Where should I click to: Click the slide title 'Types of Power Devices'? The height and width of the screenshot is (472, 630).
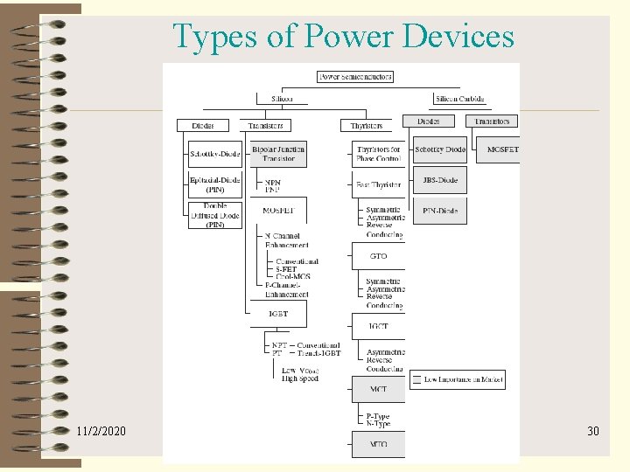343,37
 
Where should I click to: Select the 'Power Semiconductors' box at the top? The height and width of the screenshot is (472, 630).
355,77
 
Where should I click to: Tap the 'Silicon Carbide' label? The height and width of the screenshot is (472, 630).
458,100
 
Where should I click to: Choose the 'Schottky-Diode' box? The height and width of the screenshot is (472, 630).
214,154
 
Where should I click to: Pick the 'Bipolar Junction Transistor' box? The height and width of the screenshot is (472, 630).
277,154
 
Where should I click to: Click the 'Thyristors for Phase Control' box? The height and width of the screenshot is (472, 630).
378,154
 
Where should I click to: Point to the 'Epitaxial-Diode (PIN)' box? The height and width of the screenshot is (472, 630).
214,185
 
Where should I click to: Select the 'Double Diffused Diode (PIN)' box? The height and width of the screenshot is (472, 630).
214,216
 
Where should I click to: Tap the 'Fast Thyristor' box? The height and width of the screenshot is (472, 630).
378,185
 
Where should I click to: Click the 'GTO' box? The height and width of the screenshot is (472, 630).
378,256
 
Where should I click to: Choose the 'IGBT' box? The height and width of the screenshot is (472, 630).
277,313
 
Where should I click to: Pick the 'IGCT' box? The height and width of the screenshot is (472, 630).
378,326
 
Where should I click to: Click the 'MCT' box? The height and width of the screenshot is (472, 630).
378,389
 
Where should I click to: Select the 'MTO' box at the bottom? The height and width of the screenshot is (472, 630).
378,444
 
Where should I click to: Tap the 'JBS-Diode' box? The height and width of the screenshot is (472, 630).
439,180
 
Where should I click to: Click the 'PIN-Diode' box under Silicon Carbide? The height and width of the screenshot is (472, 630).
439,211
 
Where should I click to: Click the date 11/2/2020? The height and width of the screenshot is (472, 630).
101,432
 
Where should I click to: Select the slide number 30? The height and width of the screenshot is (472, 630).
592,432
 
